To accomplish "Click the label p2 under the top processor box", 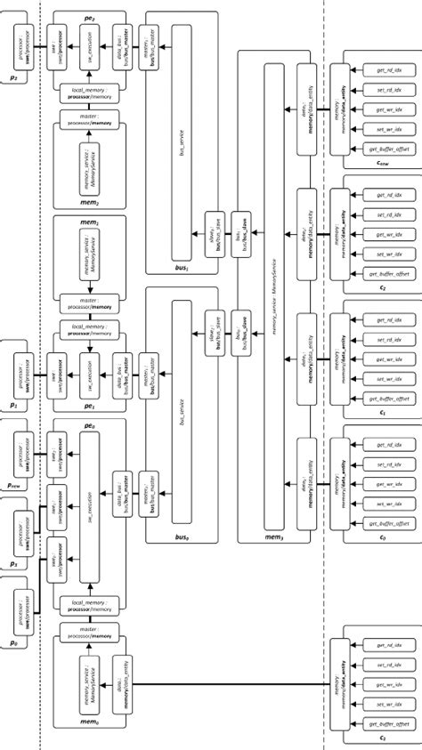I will pyautogui.click(x=12, y=78).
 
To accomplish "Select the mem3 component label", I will pyautogui.click(x=248, y=536).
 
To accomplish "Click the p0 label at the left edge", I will pyautogui.click(x=12, y=641).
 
